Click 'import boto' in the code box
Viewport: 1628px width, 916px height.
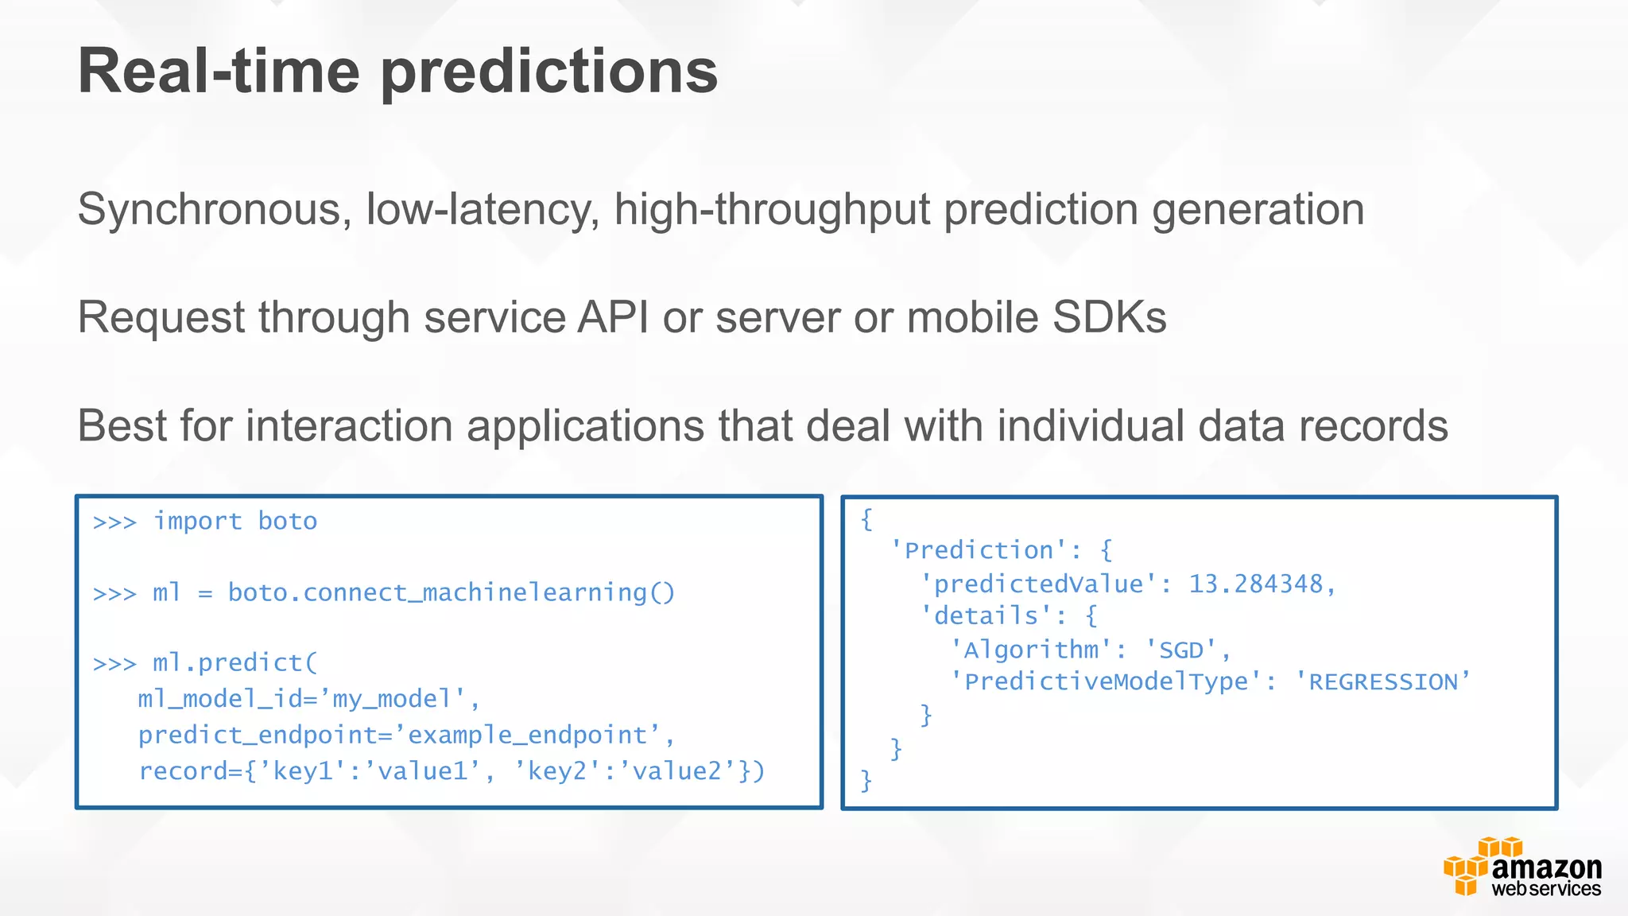235,522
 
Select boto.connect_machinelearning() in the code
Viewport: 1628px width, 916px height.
451,593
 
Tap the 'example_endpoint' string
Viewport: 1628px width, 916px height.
529,735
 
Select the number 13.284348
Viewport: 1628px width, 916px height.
1255,584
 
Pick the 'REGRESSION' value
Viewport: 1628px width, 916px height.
1382,682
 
